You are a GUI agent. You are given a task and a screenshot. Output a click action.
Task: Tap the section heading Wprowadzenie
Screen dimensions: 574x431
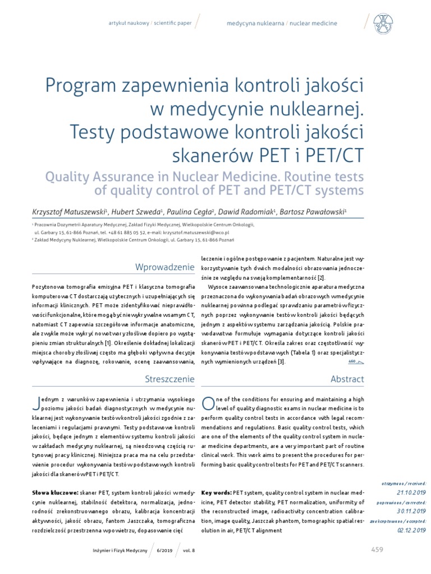166,267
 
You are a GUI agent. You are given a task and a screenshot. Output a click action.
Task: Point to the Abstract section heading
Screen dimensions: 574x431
348,379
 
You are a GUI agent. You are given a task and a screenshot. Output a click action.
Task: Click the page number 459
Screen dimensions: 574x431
377,549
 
